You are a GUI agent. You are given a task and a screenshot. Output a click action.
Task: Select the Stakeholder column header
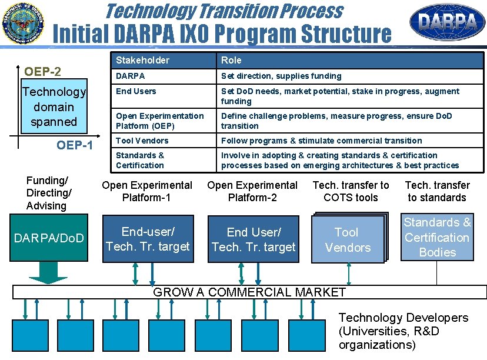pyautogui.click(x=142, y=60)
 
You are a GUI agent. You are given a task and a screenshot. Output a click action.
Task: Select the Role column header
pyautogui.click(x=231, y=60)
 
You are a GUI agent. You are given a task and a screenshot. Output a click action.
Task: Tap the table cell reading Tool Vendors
pyautogui.click(x=142, y=141)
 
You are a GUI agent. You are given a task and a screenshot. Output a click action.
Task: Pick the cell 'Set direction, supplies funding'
pyautogui.click(x=281, y=76)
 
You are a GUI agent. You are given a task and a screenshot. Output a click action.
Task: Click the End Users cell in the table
pyautogui.click(x=136, y=91)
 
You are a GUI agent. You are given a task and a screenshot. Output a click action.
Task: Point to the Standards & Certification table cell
pyautogui.click(x=140, y=160)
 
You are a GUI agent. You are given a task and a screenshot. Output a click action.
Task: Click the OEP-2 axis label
pyautogui.click(x=42, y=71)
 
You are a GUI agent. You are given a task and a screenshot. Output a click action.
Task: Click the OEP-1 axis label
pyautogui.click(x=75, y=145)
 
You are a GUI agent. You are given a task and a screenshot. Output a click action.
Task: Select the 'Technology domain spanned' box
pyautogui.click(x=54, y=107)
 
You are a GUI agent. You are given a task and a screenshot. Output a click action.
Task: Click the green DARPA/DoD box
pyautogui.click(x=49, y=238)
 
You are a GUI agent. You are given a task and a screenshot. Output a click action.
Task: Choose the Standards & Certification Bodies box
pyautogui.click(x=437, y=237)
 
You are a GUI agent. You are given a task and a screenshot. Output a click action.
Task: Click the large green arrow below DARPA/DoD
pyautogui.click(x=49, y=272)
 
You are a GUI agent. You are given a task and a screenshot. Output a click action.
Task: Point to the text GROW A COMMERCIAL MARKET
pyautogui.click(x=249, y=292)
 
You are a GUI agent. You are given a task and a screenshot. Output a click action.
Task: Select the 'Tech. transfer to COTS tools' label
pyautogui.click(x=351, y=191)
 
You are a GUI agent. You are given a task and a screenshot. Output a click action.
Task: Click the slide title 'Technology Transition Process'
pyautogui.click(x=223, y=11)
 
